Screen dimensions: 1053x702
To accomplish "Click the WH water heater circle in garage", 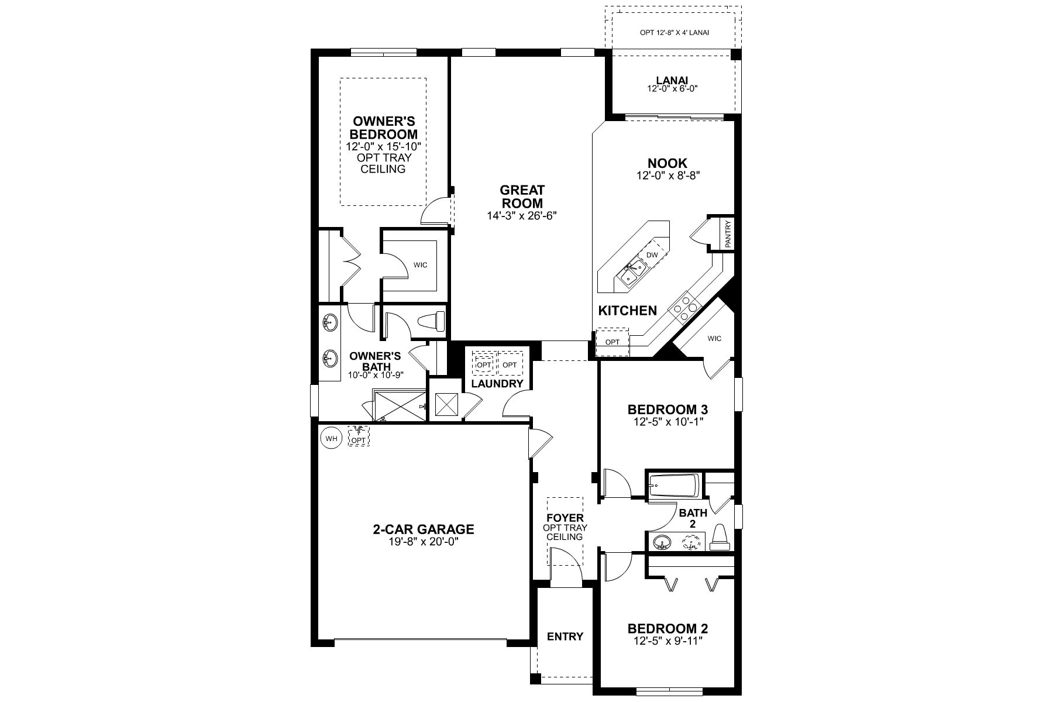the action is pos(331,438).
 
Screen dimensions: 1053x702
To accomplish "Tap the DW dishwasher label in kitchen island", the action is pos(652,255).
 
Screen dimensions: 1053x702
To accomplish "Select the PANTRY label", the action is pos(728,234).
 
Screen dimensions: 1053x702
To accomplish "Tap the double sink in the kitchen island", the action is pos(631,274).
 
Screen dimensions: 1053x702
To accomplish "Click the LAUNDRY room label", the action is pos(497,384).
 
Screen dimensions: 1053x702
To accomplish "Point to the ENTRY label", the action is pos(565,636).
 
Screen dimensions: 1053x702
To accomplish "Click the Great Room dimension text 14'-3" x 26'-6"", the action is pos(522,215).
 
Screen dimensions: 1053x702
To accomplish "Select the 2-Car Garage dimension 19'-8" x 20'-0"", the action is pos(423,542).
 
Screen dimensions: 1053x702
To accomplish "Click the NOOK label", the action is pos(667,163).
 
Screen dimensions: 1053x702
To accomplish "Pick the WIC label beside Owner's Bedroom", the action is pos(420,265).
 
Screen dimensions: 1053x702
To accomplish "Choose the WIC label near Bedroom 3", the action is pos(714,339).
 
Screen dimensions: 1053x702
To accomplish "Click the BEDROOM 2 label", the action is pos(668,629).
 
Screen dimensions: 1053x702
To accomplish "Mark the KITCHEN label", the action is pos(628,311).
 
